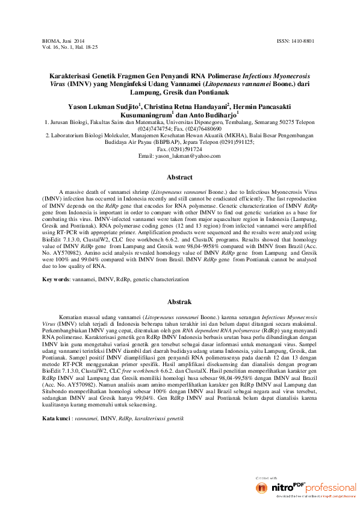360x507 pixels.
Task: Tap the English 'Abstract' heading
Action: [x=179, y=177]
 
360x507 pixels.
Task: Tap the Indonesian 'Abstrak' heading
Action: [x=179, y=302]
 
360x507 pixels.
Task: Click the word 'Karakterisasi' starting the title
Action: [x=70, y=78]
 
